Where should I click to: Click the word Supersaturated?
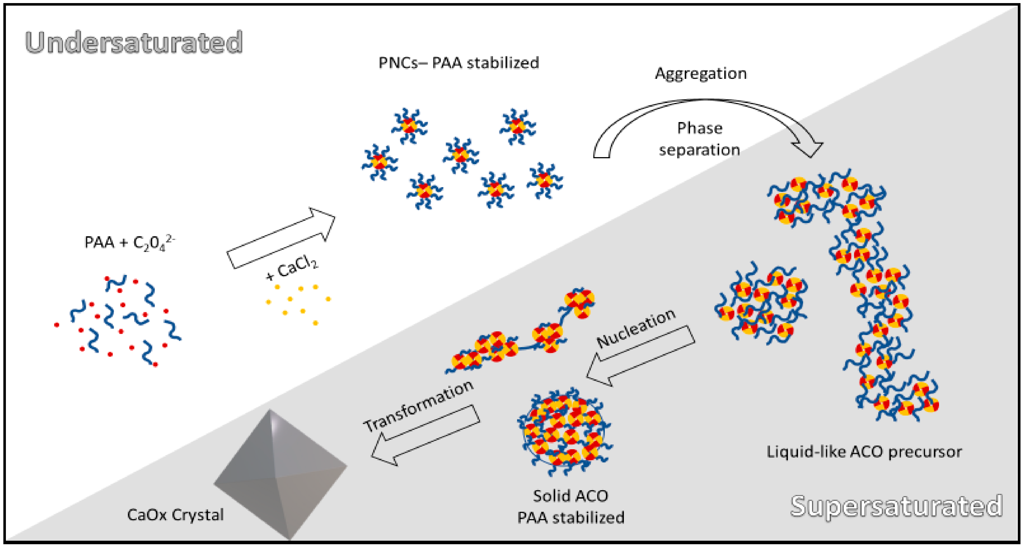click(896, 506)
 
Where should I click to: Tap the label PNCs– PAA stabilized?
click(458, 63)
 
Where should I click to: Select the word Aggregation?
click(700, 74)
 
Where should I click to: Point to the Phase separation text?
click(699, 139)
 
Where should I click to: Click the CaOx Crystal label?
click(175, 515)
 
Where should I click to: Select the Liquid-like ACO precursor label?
click(864, 452)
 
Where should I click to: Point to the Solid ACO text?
click(570, 496)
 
